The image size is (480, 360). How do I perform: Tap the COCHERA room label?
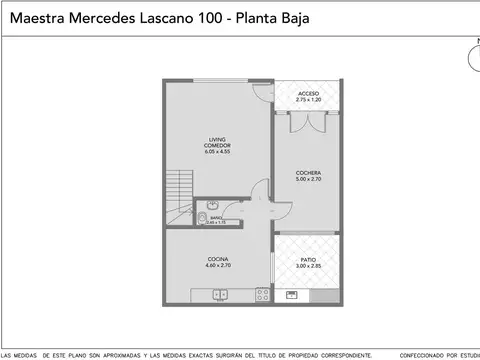point(308,173)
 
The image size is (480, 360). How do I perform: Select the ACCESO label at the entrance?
point(308,93)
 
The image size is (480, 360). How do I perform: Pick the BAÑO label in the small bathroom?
point(216,217)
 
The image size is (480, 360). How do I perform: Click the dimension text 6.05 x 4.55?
point(218,152)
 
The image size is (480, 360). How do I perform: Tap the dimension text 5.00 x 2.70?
point(308,181)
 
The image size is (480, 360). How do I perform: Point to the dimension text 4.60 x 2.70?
point(218,265)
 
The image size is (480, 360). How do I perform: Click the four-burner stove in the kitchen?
point(262,294)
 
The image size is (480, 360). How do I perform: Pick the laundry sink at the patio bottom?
point(292,294)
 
